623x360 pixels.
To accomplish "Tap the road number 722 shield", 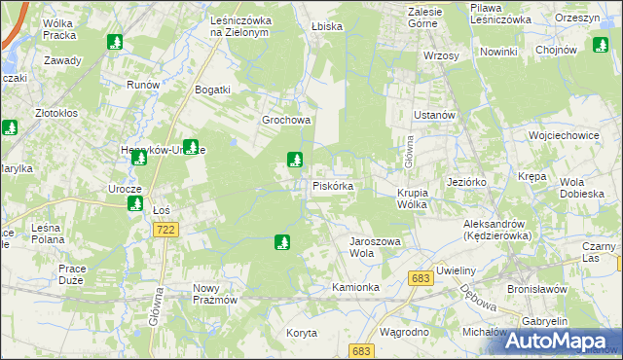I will (x=165, y=228).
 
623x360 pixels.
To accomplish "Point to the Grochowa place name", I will (x=285, y=121).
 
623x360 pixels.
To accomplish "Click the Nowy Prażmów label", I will (x=215, y=294).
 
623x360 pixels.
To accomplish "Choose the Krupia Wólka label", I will (x=420, y=198).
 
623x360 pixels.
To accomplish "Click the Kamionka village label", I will (x=354, y=288).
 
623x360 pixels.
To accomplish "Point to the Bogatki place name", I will (x=211, y=90).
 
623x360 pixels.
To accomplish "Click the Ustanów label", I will (x=434, y=115).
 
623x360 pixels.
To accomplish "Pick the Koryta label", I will (x=302, y=333).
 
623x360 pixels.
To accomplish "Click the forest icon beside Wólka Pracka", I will (x=115, y=42).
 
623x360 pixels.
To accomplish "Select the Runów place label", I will (x=142, y=85).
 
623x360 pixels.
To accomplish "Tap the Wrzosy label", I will (x=441, y=55).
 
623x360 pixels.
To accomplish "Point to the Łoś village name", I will (x=163, y=208).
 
